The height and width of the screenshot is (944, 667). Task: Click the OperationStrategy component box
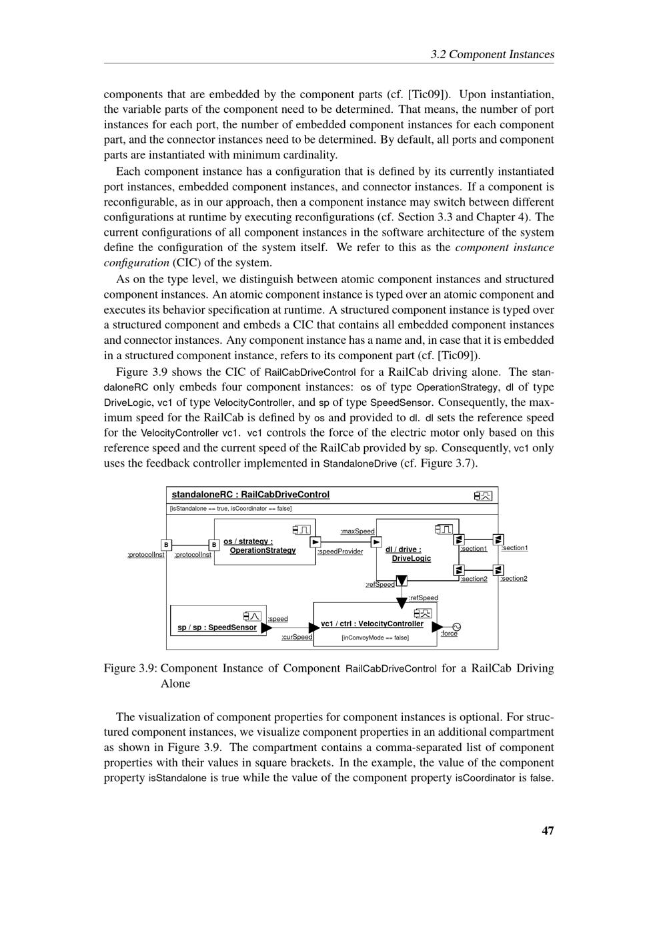point(264,542)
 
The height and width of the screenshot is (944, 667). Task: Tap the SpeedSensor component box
point(217,620)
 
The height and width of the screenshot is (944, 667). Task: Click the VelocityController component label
point(372,624)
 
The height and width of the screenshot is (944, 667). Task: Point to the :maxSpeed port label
point(358,531)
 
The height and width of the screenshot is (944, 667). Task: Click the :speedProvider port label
point(340,551)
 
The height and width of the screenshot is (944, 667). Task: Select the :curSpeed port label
point(297,637)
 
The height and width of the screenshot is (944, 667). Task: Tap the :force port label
point(449,634)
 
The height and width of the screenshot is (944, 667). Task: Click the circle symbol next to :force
point(457,627)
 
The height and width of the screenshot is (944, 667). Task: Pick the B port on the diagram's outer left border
point(166,545)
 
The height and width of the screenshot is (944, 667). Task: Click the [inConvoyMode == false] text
point(375,638)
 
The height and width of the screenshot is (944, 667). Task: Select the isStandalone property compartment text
point(231,509)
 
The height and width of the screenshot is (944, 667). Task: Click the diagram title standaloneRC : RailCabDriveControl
point(251,495)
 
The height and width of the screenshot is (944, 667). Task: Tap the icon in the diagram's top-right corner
point(483,495)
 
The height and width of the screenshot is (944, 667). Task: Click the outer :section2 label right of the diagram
point(514,578)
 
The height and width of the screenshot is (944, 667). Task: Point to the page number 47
point(548,831)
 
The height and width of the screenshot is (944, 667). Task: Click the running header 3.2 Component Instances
point(492,54)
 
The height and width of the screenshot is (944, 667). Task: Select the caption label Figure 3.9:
point(130,668)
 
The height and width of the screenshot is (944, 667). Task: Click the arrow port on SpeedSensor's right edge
point(266,628)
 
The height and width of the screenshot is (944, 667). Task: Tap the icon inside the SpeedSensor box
point(251,616)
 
